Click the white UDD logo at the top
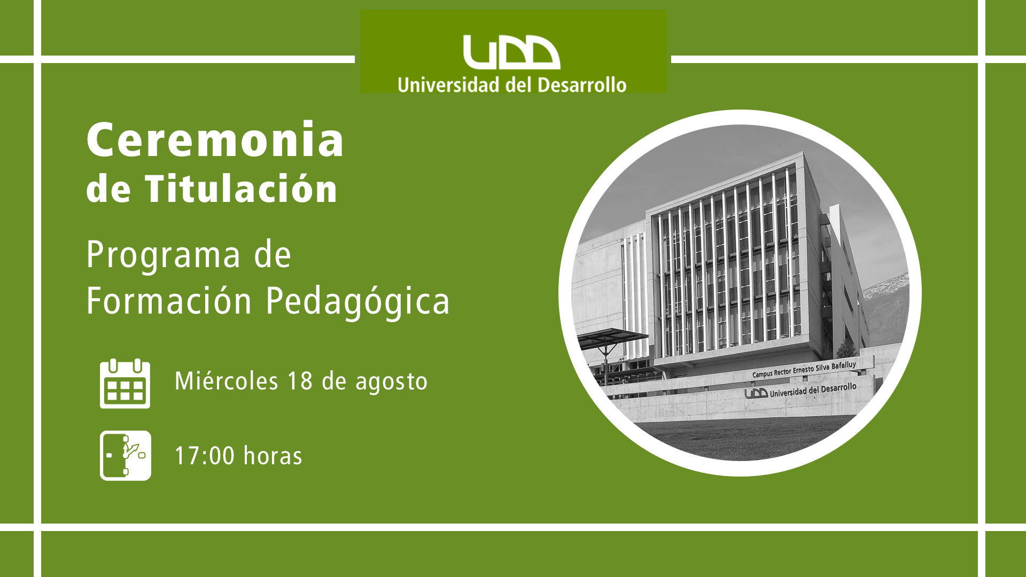pos(511,52)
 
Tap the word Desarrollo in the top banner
pos(582,85)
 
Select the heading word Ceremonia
pos(215,139)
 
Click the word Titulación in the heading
pos(241,189)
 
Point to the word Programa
pos(164,256)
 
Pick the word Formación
pos(169,301)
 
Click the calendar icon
pos(125,384)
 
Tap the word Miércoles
pos(227,381)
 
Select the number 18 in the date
pos(300,381)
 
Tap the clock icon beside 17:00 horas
pos(126,456)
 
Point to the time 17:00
pos(205,456)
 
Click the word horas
pos(273,456)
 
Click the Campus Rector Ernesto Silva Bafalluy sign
pos(804,369)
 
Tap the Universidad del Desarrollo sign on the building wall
pos(800,391)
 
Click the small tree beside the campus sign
pos(846,348)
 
